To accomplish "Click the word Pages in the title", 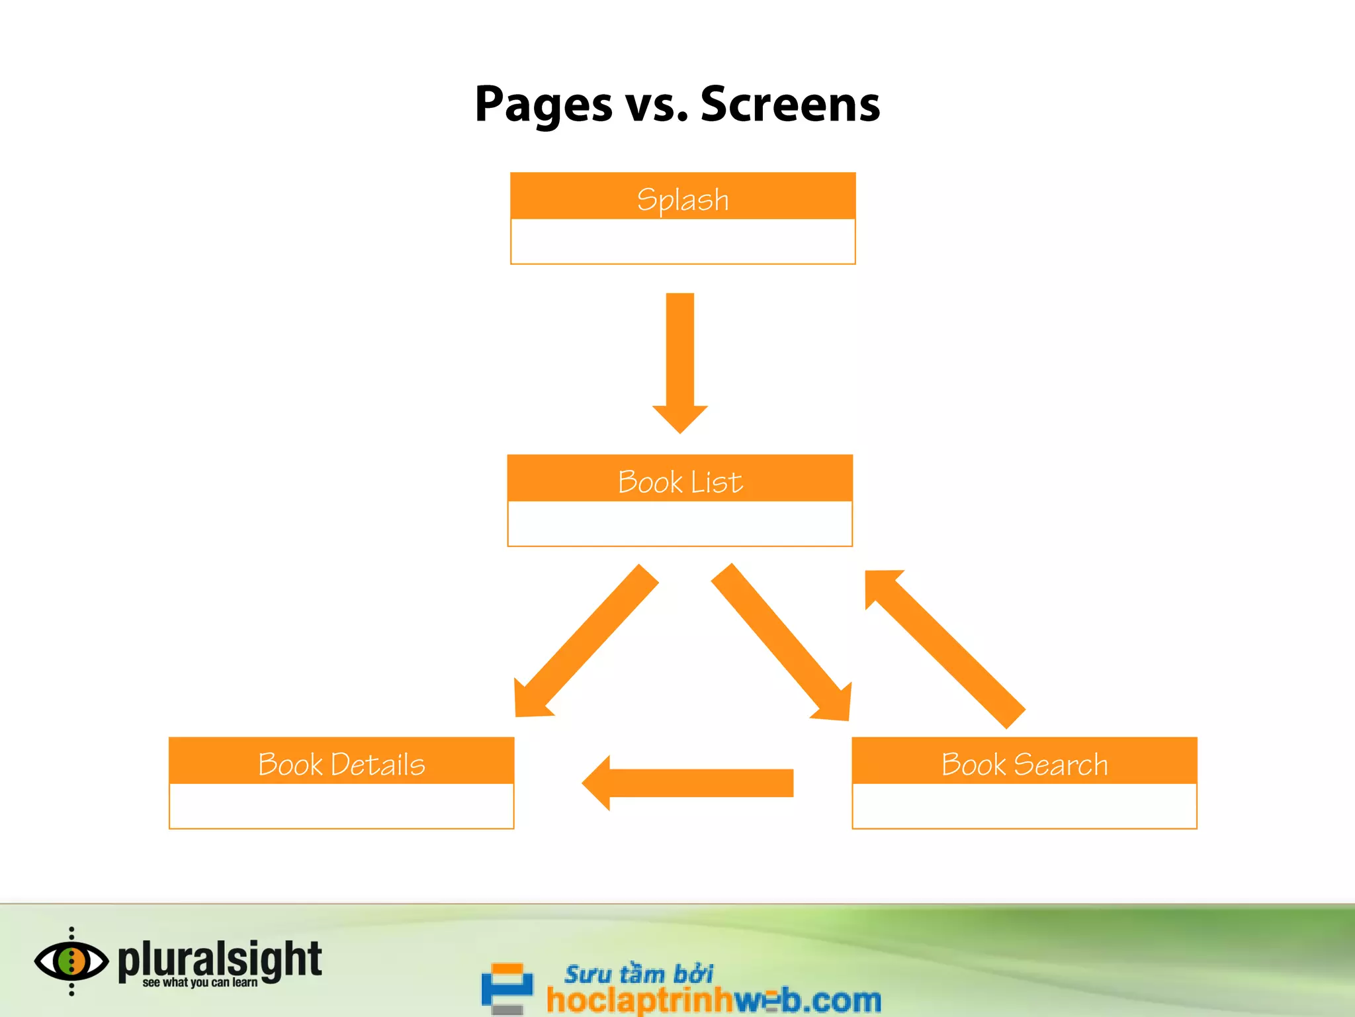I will (x=543, y=105).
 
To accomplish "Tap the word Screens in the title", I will (x=790, y=105).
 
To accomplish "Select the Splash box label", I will (x=682, y=199).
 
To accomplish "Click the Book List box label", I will (x=679, y=481).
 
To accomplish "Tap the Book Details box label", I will (x=341, y=764).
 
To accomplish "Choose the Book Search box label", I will (x=1024, y=764).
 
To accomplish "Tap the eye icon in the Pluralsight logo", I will (x=71, y=961).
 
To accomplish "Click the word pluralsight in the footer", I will (x=220, y=959).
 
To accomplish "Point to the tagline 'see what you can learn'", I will (x=200, y=983).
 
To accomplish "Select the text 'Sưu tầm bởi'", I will (x=638, y=974).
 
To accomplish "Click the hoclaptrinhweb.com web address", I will (x=713, y=1000).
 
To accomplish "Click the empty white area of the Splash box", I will (x=682, y=241).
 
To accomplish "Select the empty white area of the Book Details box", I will (x=341, y=806).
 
